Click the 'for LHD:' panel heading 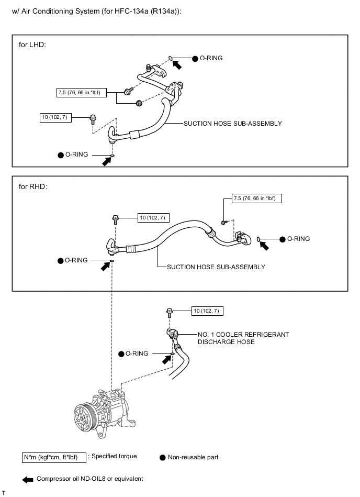32,45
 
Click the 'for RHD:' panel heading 33,186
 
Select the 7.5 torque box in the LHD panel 82,93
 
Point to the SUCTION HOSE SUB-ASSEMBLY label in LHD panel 232,124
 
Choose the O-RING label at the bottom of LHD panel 76,154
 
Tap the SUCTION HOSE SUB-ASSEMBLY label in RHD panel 216,267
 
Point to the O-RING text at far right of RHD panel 298,239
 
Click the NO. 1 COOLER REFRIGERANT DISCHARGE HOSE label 243,338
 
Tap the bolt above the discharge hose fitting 170,312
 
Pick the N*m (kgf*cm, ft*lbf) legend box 53,457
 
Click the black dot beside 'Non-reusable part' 162,457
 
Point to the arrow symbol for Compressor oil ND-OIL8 28,479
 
